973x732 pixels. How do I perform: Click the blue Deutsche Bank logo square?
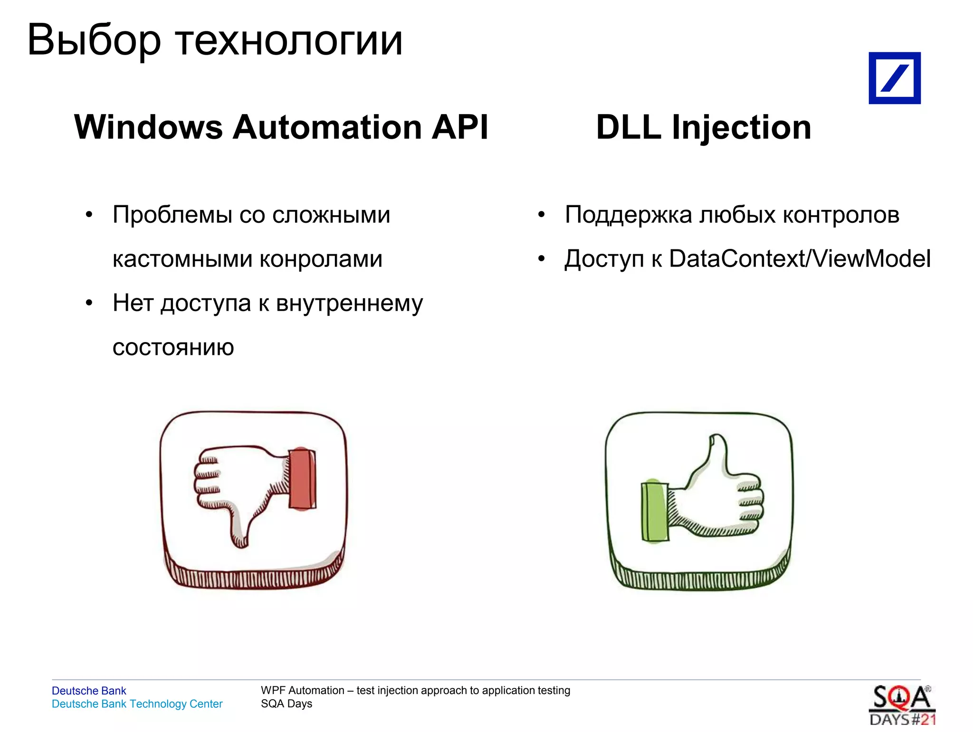click(x=894, y=78)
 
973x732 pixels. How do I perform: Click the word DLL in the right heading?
click(x=629, y=127)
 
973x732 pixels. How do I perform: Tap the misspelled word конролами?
click(x=321, y=259)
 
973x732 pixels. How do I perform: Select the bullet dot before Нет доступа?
click(x=89, y=303)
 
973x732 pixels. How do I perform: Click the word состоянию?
click(x=173, y=348)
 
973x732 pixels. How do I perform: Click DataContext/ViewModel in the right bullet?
click(x=800, y=259)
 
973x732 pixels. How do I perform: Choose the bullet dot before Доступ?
click(x=541, y=259)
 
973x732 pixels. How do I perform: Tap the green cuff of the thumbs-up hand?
click(x=654, y=511)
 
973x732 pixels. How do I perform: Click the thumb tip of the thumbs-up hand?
click(x=716, y=442)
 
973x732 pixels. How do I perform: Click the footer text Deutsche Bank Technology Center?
click(x=137, y=704)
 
